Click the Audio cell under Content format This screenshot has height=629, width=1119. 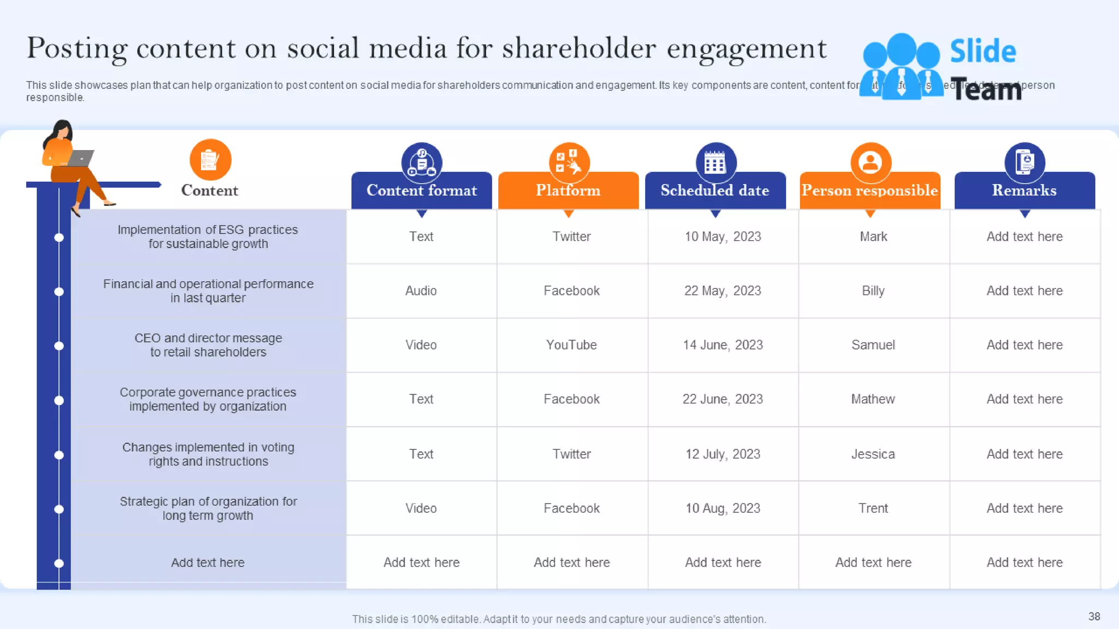(421, 291)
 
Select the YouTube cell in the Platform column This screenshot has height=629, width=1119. (572, 345)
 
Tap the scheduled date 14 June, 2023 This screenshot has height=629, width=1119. (722, 345)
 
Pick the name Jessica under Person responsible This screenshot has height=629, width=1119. (873, 454)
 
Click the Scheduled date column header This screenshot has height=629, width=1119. (715, 191)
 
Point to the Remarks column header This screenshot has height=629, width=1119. (1024, 191)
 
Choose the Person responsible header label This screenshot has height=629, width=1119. (869, 191)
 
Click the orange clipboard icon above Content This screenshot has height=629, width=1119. (210, 160)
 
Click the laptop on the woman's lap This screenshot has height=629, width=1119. (80, 158)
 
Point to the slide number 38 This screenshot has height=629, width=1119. (1094, 616)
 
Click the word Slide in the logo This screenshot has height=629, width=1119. (982, 51)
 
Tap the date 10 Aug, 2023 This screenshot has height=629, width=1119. (722, 508)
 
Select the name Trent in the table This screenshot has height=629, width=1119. (873, 508)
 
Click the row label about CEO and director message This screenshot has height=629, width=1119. (208, 345)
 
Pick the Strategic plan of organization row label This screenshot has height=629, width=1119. (208, 508)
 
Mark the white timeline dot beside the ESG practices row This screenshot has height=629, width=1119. (59, 238)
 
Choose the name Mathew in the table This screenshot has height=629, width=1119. (873, 399)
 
